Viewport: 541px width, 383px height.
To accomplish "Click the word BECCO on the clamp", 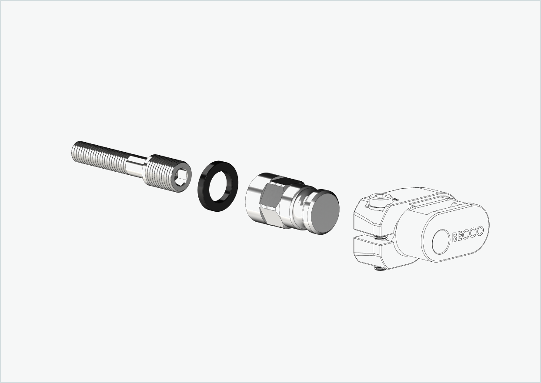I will coord(467,233).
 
